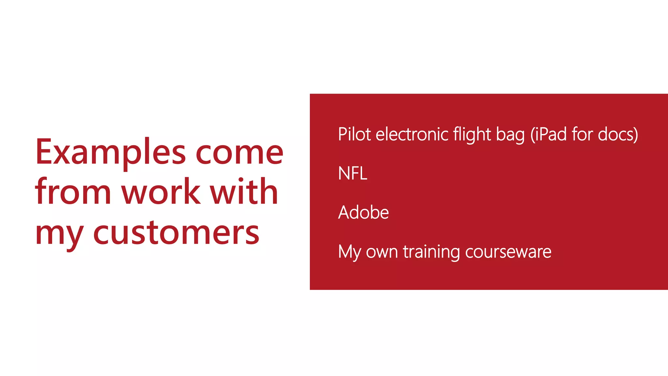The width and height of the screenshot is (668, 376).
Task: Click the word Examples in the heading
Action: click(111, 152)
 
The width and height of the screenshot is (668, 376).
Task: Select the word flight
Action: click(472, 134)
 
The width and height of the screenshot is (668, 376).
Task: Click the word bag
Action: click(510, 135)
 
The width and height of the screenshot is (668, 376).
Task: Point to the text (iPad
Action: click(548, 134)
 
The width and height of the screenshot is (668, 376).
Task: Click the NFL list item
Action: click(353, 173)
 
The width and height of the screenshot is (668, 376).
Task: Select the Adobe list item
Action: click(363, 212)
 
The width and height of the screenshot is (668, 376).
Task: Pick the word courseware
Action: click(508, 252)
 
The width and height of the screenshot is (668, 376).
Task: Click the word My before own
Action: click(349, 252)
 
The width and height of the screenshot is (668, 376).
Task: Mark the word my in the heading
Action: click(59, 233)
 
